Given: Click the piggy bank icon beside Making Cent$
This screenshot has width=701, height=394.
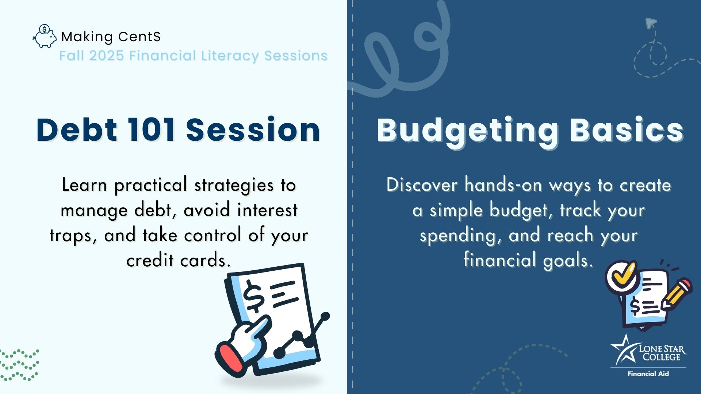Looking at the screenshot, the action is (x=45, y=36).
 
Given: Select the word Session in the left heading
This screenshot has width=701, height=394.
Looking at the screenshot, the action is (x=253, y=130).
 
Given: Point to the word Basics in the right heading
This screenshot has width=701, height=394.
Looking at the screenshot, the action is (x=627, y=131).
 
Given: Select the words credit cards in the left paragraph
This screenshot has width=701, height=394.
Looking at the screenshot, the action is (x=179, y=260).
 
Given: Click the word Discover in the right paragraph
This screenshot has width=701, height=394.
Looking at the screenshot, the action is (x=422, y=185).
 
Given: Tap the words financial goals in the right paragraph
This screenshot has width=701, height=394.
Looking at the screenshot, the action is (x=528, y=260).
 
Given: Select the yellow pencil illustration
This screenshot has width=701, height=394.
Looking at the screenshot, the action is (x=677, y=294).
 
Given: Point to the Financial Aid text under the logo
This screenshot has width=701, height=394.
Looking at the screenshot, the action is (x=648, y=374).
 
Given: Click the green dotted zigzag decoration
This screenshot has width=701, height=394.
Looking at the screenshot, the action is (x=19, y=365).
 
